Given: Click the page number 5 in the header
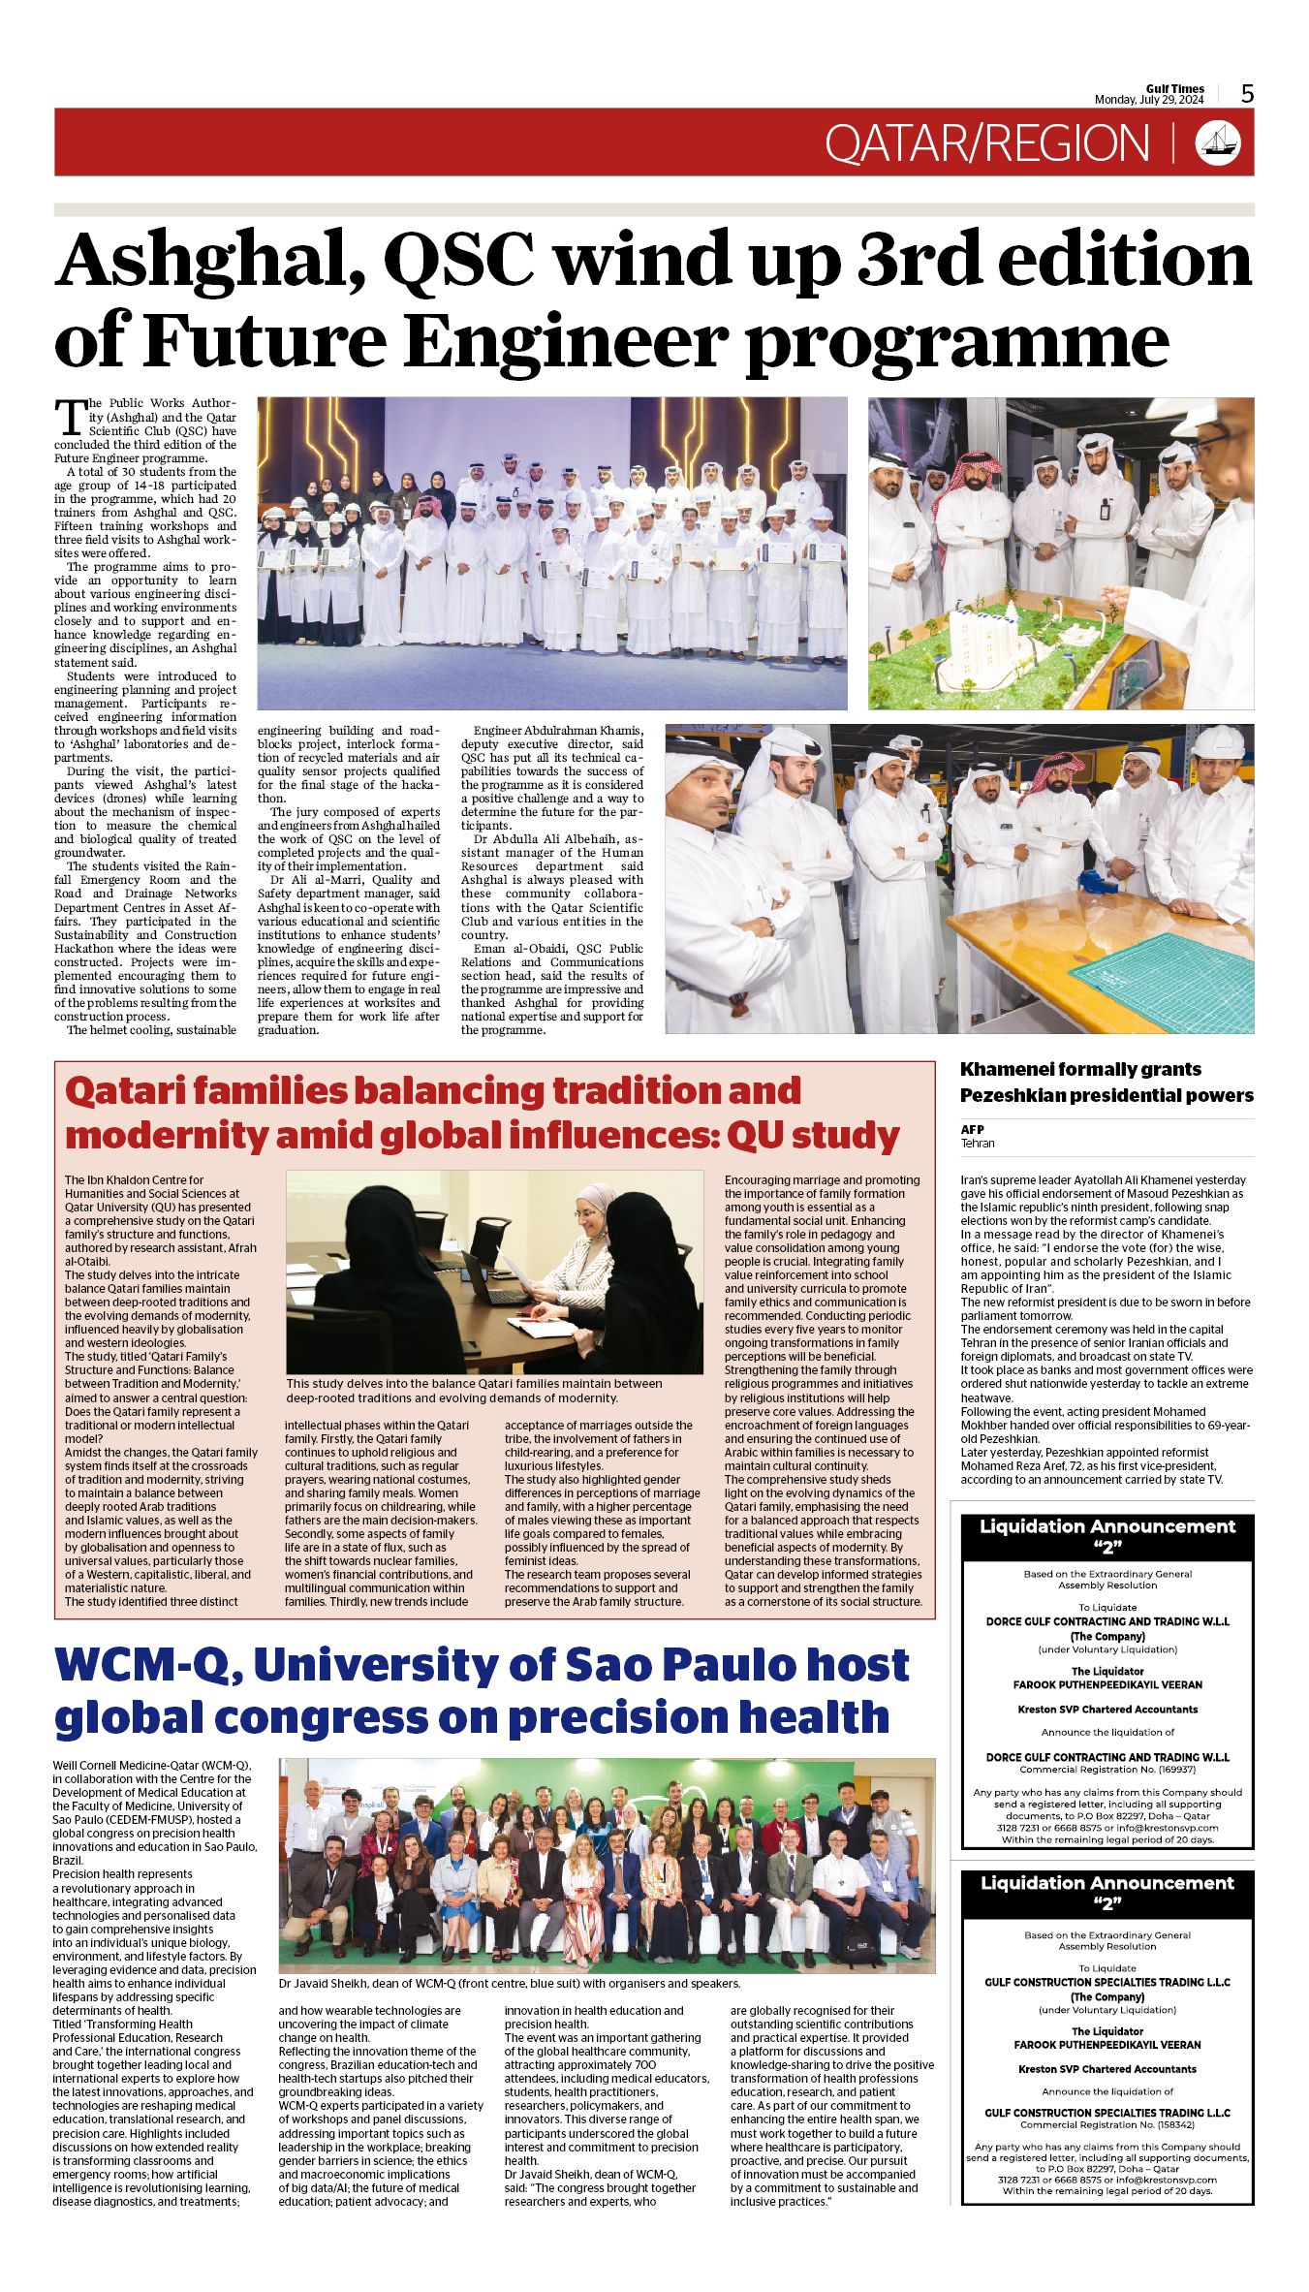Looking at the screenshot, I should (x=1247, y=94).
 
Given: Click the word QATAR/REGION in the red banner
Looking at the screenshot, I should (x=986, y=143).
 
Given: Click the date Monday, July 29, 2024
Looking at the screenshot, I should (x=1149, y=100).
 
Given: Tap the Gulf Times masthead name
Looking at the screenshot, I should (x=1174, y=89).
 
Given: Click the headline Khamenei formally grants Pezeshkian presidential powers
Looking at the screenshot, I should (x=1106, y=1083).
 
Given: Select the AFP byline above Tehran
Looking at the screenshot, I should (x=972, y=1129).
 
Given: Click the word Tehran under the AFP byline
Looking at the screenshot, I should (x=978, y=1143).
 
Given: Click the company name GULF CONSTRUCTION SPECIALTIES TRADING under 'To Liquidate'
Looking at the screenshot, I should (x=1106, y=1982).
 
